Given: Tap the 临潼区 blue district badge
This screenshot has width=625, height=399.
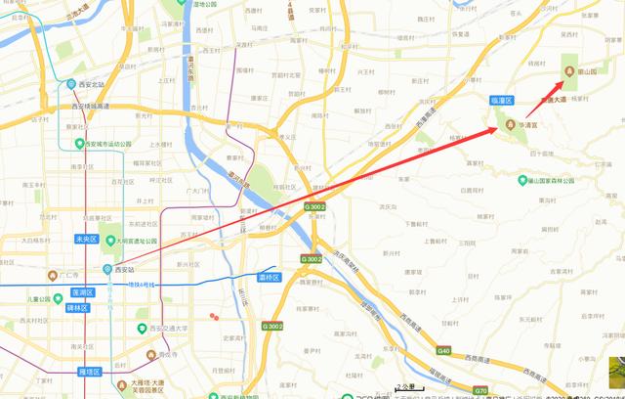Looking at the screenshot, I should click(502, 100).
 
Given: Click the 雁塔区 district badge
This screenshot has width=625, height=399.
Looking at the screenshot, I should click(89, 373).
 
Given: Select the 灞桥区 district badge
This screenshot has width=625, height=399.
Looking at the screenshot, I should click(270, 278).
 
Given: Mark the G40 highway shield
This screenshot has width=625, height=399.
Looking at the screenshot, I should click(444, 350).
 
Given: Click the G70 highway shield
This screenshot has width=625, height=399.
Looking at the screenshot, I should click(480, 389).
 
